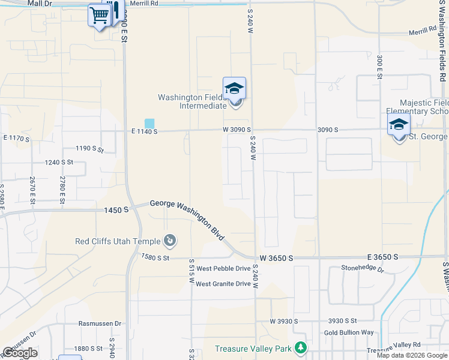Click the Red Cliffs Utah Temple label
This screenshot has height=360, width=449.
coord(118,241)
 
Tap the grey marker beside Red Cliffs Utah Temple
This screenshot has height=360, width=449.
coord(170,241)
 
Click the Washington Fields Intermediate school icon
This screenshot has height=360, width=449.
coord(234,89)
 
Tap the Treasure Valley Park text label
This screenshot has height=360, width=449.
coord(253,349)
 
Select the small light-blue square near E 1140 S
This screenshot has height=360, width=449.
coord(149,123)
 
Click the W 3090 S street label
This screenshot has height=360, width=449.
coord(237,130)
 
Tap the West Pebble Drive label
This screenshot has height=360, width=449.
coord(223,268)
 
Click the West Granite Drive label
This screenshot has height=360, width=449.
coord(223,284)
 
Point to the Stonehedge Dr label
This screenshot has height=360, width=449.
coord(362,268)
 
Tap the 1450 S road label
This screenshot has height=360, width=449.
coord(116,210)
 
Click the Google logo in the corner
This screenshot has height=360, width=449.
coord(20,353)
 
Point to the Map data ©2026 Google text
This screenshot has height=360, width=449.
coord(412,355)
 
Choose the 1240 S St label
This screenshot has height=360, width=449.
coord(59,162)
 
